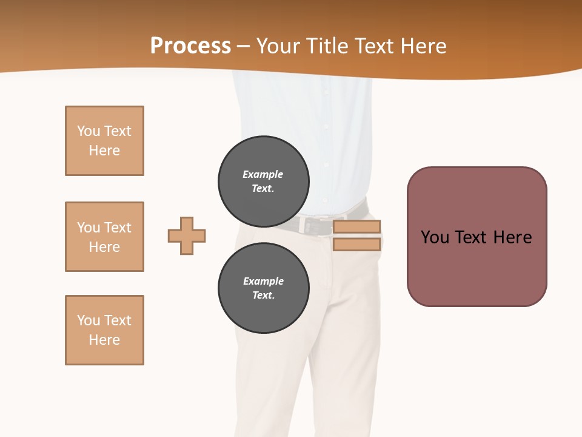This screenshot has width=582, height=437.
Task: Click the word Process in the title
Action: pyautogui.click(x=190, y=46)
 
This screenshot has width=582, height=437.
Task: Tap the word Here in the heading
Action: pyautogui.click(x=422, y=46)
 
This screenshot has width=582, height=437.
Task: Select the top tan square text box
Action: pyautogui.click(x=104, y=141)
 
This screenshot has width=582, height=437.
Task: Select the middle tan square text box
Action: pyautogui.click(x=104, y=237)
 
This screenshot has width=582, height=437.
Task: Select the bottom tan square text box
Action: pyautogui.click(x=104, y=330)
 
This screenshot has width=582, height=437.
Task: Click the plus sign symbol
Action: pyautogui.click(x=187, y=235)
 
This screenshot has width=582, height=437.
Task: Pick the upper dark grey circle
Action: pyautogui.click(x=264, y=181)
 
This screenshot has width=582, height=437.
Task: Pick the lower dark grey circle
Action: pyautogui.click(x=264, y=288)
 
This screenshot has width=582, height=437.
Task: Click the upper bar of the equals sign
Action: pyautogui.click(x=356, y=227)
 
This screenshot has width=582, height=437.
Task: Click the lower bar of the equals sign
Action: pyautogui.click(x=356, y=245)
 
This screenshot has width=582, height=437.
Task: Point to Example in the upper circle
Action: pyautogui.click(x=263, y=174)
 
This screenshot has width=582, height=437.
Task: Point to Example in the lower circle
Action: pyautogui.click(x=263, y=281)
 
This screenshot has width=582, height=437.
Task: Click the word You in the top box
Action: pyautogui.click(x=89, y=131)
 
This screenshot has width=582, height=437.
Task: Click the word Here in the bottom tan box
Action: pyautogui.click(x=104, y=340)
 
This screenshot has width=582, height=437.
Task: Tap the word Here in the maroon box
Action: pyautogui.click(x=513, y=237)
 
